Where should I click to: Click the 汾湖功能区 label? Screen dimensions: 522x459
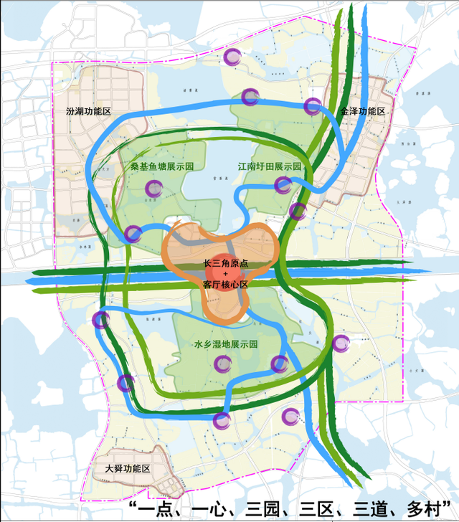[88, 113]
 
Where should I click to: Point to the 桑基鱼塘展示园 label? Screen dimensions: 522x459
[163, 166]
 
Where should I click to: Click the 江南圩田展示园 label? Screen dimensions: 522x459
[269, 166]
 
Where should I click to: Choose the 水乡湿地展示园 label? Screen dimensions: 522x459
[226, 344]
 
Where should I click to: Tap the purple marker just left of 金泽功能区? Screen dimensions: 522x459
[312, 107]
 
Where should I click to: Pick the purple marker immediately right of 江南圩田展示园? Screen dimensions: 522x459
[283, 186]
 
